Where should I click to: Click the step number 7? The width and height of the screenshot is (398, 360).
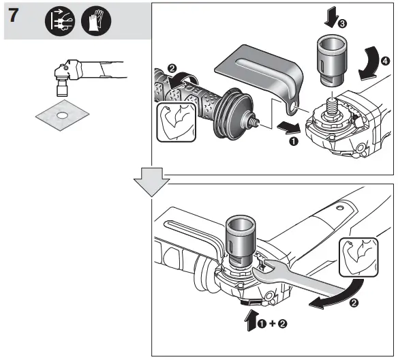tap(16, 18)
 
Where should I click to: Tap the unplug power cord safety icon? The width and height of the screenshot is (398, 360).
tap(59, 22)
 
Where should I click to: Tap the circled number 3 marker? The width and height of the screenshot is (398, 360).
tap(341, 22)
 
